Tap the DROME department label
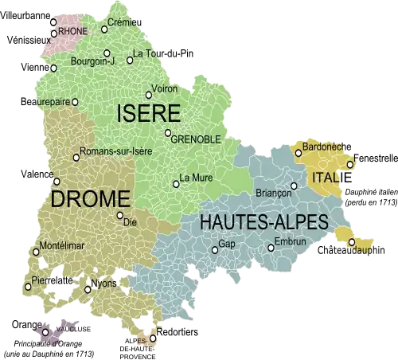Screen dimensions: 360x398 click(x=90, y=198)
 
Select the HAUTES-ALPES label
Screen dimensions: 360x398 click(x=263, y=222)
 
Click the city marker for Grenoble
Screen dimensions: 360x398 click(x=168, y=133)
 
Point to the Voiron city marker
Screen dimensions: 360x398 click(x=148, y=95)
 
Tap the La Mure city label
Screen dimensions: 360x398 click(x=196, y=177)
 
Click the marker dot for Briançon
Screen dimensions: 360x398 click(x=294, y=186)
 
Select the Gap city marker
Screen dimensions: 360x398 click(x=214, y=250)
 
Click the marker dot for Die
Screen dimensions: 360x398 click(x=119, y=215)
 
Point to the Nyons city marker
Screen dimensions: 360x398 click(x=87, y=289)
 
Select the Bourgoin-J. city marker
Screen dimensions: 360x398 click(x=107, y=53)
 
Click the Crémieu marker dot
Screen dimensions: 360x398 click(x=103, y=29)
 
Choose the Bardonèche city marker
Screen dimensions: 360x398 click(x=298, y=153)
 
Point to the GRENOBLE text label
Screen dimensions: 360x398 click(x=196, y=139)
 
